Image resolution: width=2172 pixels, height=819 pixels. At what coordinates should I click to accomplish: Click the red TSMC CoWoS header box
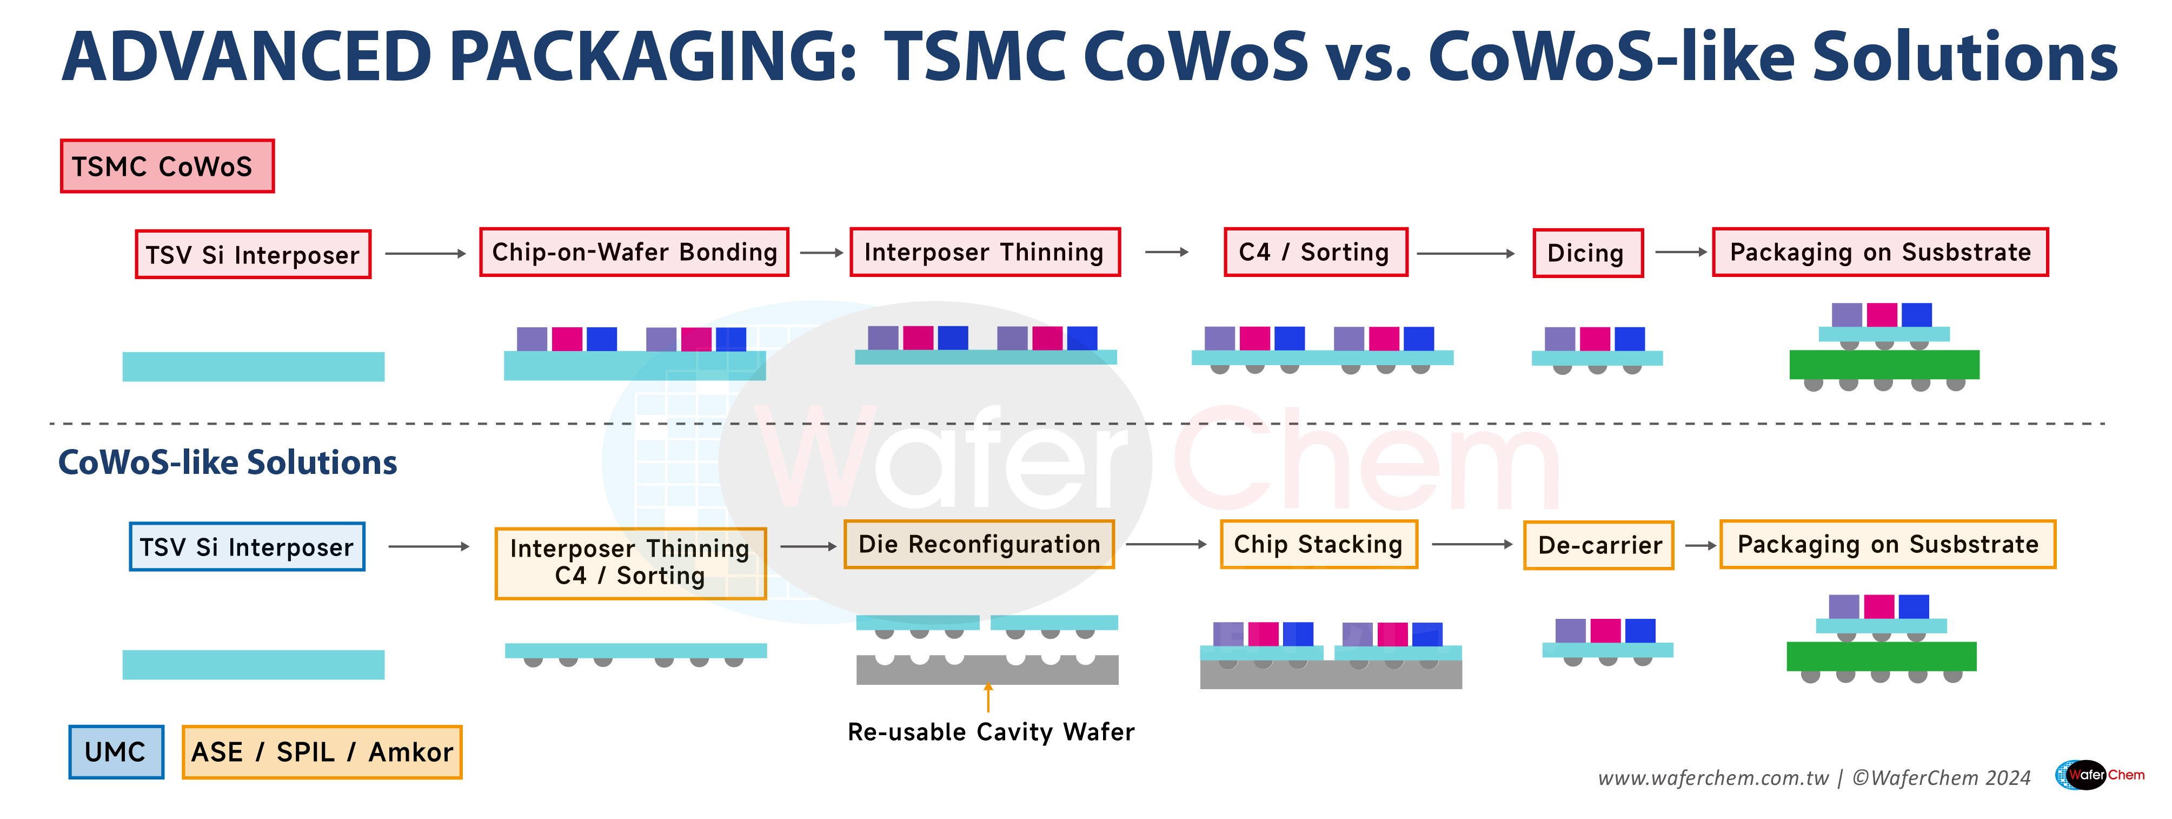pos(167,166)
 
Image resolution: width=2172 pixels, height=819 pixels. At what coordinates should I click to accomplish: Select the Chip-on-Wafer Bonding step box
pos(634,252)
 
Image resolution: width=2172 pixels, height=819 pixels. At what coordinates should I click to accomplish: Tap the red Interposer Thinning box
pos(984,252)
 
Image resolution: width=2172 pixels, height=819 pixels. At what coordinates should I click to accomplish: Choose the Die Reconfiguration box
pos(979,545)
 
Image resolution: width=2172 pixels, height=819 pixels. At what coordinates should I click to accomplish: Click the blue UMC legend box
pos(116,751)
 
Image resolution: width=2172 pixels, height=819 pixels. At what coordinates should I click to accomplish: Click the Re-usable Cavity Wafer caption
pos(991,731)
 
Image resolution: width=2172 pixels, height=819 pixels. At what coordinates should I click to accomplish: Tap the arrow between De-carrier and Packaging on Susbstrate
pos(1700,546)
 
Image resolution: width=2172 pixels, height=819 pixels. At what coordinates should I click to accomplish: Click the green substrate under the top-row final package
pos(1884,365)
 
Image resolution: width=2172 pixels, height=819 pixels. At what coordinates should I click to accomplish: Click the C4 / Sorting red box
pos(1316,252)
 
